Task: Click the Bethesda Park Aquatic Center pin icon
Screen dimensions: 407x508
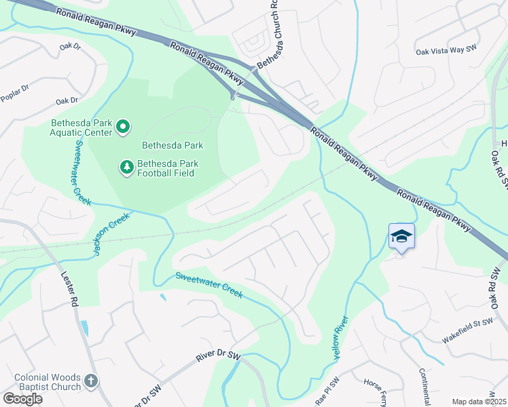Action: click(123, 126)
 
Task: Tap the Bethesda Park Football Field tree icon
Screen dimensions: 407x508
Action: click(126, 166)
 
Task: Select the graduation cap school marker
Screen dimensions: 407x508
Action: click(401, 237)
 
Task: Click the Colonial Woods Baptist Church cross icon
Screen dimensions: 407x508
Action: click(92, 383)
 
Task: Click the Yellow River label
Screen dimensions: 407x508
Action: click(341, 337)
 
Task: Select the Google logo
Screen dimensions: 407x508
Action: click(23, 399)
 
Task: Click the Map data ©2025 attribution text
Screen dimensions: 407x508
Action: click(479, 402)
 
